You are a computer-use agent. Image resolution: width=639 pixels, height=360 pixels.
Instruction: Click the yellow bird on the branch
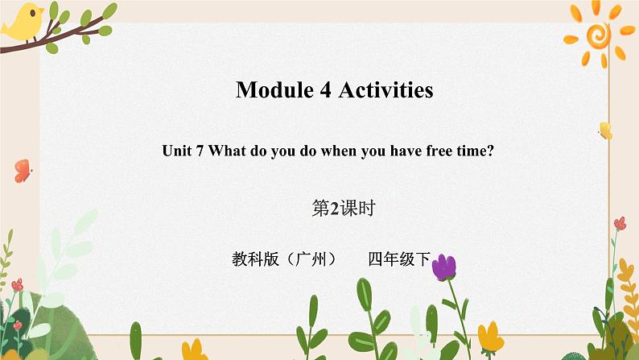(x=23, y=20)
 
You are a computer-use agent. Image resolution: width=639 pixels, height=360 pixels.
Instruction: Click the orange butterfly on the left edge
(x=22, y=170)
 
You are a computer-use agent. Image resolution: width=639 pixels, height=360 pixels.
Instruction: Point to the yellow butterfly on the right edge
(x=604, y=130)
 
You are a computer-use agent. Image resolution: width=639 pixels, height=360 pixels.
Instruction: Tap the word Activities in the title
(x=385, y=90)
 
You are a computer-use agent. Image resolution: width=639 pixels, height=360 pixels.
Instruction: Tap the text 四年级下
(x=400, y=260)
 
